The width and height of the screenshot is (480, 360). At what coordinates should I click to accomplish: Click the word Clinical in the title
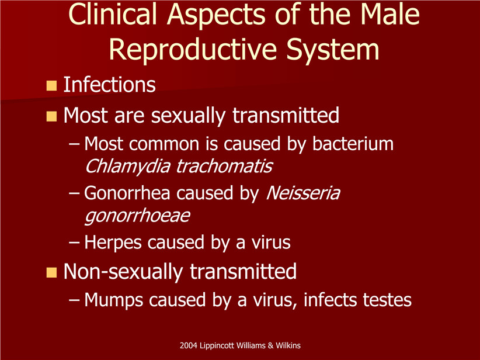point(113,14)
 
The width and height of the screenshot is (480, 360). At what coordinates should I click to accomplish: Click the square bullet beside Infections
point(52,85)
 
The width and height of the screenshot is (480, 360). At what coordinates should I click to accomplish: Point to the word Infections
point(109,84)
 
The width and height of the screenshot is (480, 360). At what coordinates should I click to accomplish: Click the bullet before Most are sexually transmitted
point(52,116)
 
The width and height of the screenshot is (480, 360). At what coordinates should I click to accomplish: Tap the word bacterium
point(353,143)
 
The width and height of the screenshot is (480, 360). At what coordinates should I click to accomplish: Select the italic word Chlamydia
point(127,167)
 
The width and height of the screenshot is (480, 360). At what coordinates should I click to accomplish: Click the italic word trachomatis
point(224,167)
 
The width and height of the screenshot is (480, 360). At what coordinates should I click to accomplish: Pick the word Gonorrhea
point(127,193)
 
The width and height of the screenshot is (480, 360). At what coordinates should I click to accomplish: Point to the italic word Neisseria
point(303,193)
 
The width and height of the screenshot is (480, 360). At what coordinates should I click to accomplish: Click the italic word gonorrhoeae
point(137,216)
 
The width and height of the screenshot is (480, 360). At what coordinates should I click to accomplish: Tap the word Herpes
point(113,243)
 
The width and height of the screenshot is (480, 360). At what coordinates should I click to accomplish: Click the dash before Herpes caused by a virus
point(74,243)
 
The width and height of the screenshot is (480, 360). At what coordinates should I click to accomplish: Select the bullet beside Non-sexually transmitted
point(52,272)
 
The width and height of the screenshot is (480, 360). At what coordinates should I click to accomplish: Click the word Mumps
point(113,300)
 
